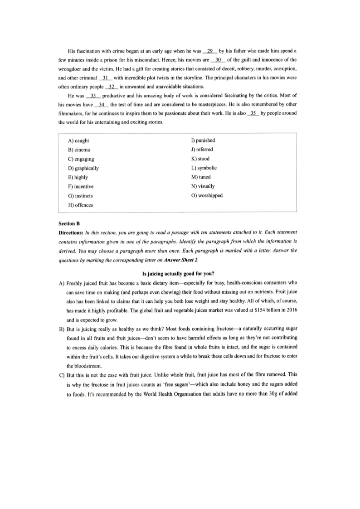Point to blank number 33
tap(93, 96)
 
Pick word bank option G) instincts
tap(80, 196)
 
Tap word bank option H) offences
tap(80, 205)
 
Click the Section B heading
tap(69, 223)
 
